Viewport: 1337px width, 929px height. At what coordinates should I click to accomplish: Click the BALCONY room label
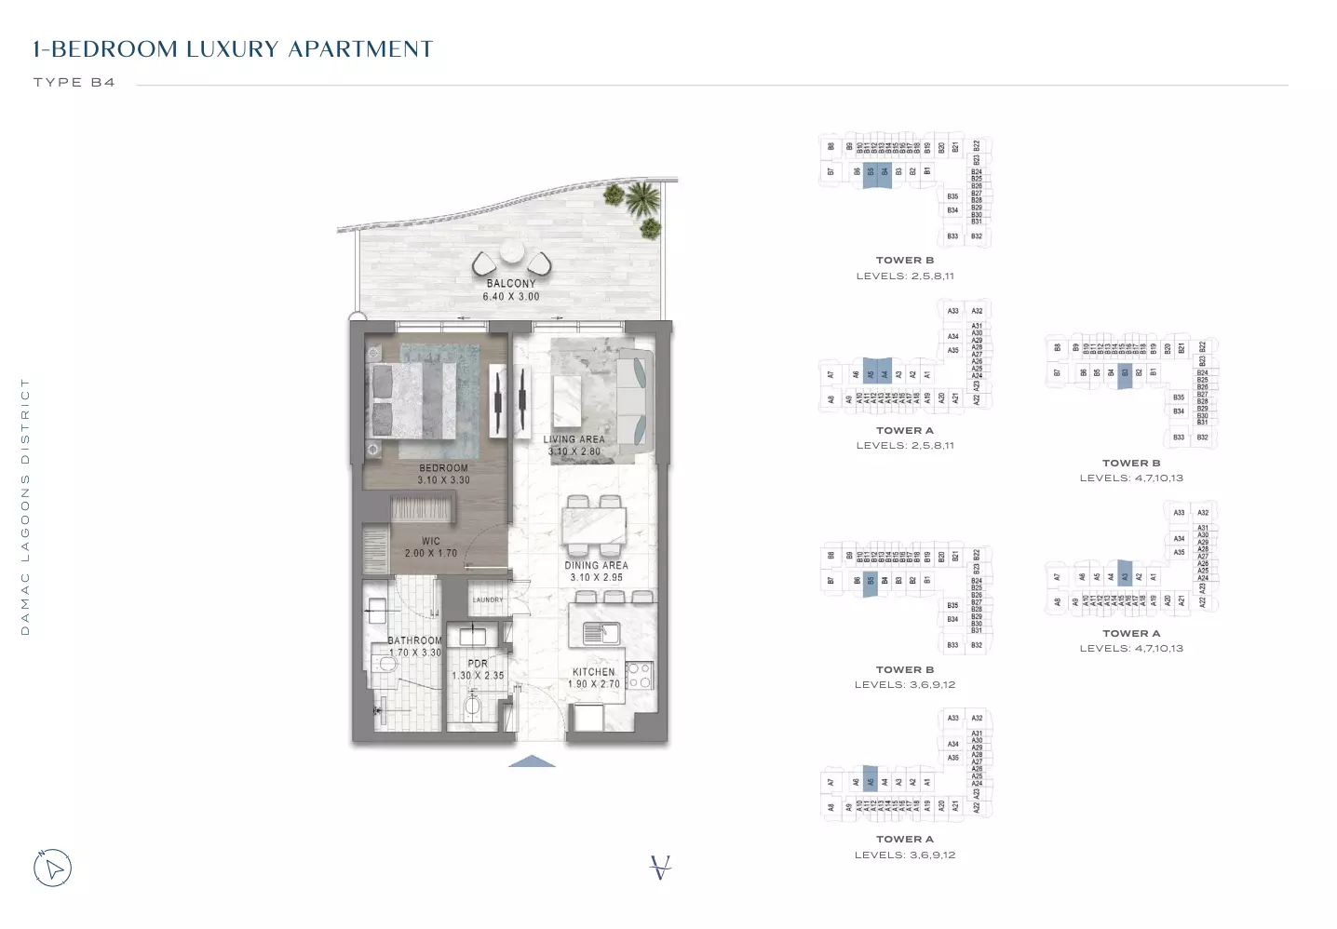pyautogui.click(x=511, y=284)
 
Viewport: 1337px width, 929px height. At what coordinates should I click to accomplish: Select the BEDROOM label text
pyautogui.click(x=443, y=468)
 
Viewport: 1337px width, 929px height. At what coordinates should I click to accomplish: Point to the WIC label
pyautogui.click(x=430, y=541)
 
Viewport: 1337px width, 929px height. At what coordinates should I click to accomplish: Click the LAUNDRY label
pyautogui.click(x=487, y=599)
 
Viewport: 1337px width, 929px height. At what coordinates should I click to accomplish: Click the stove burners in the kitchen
pyautogui.click(x=639, y=675)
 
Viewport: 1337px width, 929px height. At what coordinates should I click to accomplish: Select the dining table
pyautogui.click(x=594, y=526)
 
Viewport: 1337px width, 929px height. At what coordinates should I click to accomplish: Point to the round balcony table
pyautogui.click(x=512, y=253)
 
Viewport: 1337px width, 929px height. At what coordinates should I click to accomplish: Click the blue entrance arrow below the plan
pyautogui.click(x=532, y=761)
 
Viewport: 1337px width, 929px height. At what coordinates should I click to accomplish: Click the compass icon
pyautogui.click(x=53, y=868)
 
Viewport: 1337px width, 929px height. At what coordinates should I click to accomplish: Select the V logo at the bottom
pyautogui.click(x=660, y=868)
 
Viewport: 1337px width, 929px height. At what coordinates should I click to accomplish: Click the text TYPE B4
pyautogui.click(x=74, y=82)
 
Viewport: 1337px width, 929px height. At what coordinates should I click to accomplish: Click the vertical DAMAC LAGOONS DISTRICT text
pyautogui.click(x=25, y=507)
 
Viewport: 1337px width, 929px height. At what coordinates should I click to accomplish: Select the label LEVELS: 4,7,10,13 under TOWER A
pyautogui.click(x=1131, y=648)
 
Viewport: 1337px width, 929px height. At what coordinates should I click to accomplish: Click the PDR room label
pyautogui.click(x=478, y=664)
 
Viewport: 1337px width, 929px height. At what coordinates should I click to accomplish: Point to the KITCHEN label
pyautogui.click(x=593, y=672)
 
